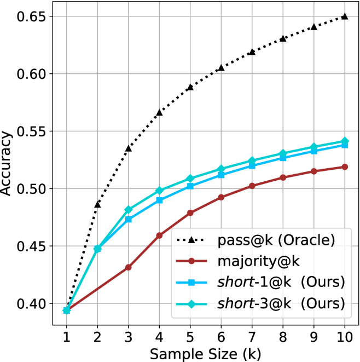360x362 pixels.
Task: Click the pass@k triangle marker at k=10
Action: click(344, 16)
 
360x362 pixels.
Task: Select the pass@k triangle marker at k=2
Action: click(97, 204)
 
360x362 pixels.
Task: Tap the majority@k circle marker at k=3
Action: click(129, 267)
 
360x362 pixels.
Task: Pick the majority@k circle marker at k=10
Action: click(344, 166)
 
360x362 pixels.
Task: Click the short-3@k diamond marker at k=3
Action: click(129, 209)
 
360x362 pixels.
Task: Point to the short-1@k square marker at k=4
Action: click(159, 200)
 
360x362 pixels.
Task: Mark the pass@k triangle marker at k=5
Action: click(190, 87)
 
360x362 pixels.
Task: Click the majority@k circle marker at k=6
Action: click(221, 197)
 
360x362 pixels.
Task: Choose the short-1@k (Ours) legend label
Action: click(281, 282)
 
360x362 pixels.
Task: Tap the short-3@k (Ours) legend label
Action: click(281, 303)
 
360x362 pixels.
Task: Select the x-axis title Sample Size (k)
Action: click(205, 353)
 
